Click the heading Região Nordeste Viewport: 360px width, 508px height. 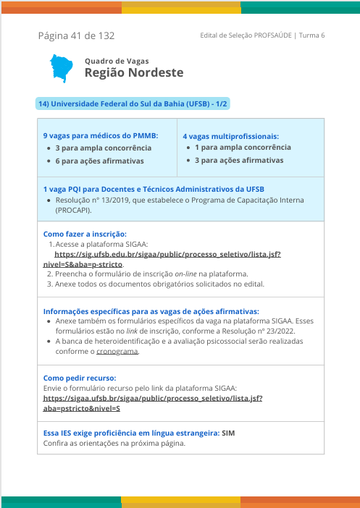[134, 73]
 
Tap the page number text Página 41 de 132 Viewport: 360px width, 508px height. [76, 35]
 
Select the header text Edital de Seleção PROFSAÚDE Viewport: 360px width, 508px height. [246, 35]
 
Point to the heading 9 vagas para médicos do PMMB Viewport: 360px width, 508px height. [101, 136]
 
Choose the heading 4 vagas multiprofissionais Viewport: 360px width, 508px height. [230, 136]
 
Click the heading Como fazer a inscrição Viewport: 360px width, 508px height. [85, 234]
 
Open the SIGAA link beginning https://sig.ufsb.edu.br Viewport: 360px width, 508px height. [167, 255]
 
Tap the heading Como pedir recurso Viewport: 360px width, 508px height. [80, 378]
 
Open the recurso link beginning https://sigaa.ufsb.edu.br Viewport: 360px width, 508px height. [153, 398]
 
